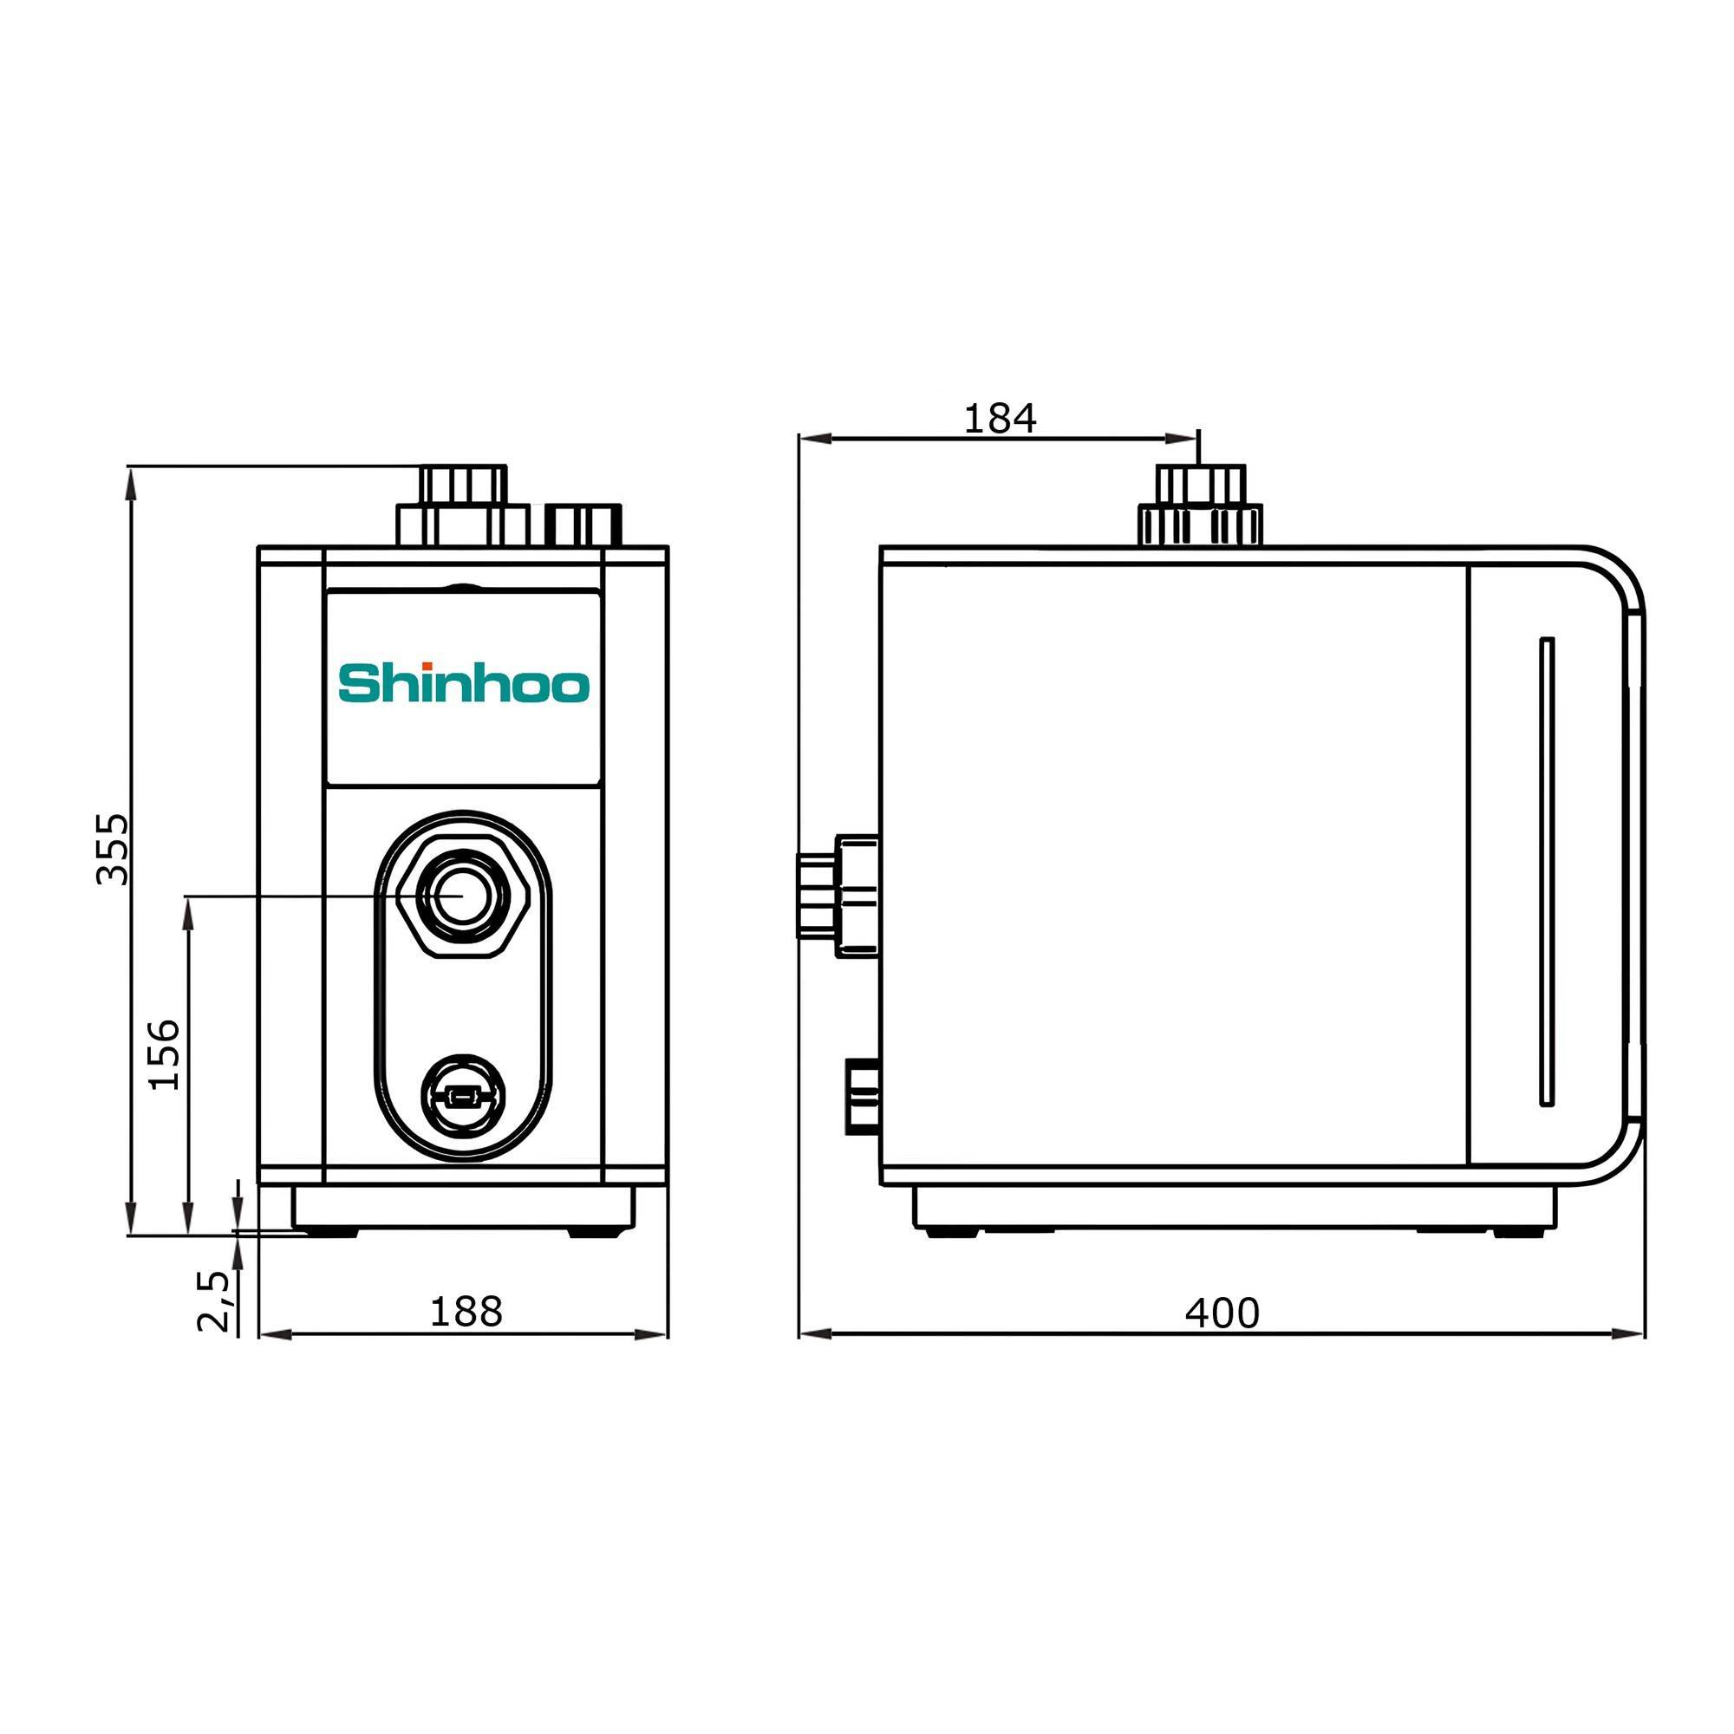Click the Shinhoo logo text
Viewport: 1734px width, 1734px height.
tap(463, 685)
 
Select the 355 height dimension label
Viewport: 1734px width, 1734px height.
tap(113, 849)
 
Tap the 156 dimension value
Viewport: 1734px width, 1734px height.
tap(164, 1054)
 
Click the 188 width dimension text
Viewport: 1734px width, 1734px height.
tap(466, 1312)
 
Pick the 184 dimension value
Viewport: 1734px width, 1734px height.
tap(1000, 418)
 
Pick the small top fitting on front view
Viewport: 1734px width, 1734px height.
tap(584, 525)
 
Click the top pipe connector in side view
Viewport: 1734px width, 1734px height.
tap(1200, 507)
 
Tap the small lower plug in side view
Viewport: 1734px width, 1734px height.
tap(862, 1096)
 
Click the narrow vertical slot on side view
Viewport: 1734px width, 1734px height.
tap(1547, 870)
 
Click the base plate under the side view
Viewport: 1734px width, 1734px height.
tap(1234, 1207)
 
